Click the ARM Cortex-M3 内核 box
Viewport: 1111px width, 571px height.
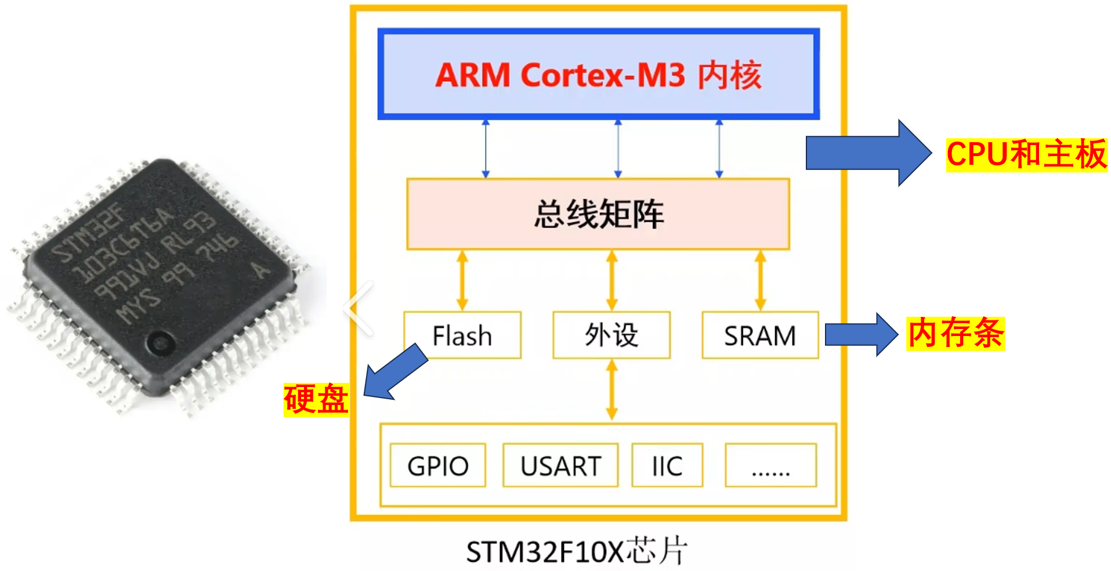tap(598, 74)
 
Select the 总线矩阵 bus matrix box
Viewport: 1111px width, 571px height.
tap(598, 214)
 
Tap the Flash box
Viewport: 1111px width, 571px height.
tap(462, 335)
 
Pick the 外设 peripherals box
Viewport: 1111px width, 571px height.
tap(611, 335)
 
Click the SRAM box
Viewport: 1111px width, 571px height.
tap(760, 335)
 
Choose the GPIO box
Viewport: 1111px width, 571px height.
tap(438, 465)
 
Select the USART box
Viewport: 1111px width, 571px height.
tap(560, 465)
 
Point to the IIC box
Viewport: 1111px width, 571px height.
tap(667, 465)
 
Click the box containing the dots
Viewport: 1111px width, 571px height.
tap(770, 465)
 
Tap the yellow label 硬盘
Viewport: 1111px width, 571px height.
tap(316, 399)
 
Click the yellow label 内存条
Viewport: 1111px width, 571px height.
tap(956, 333)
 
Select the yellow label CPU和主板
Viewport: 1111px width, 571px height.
tap(1026, 154)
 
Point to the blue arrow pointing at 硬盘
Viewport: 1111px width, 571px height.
tap(395, 373)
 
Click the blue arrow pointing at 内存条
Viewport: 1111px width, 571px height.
tap(861, 334)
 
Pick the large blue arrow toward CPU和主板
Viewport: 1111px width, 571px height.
tap(868, 153)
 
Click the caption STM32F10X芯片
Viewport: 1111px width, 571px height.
tap(577, 551)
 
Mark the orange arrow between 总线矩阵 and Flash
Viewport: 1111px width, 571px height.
tap(462, 280)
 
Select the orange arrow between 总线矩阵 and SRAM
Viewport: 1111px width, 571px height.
tap(761, 280)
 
